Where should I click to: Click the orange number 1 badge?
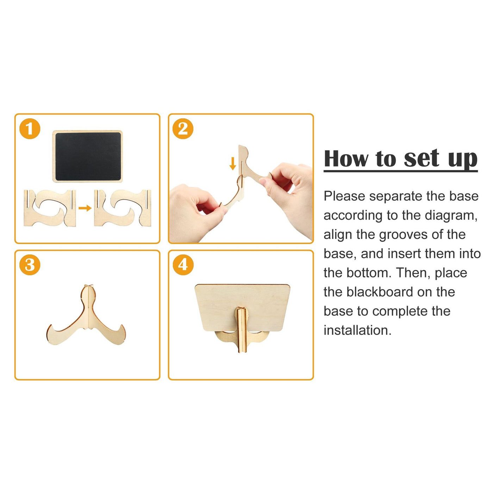click(30, 129)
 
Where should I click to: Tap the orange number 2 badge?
click(183, 129)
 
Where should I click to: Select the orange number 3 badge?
click(30, 264)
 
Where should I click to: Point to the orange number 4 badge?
click(183, 264)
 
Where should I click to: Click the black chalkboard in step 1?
click(88, 156)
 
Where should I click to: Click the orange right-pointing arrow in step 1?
click(85, 208)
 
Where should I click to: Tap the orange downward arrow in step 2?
click(232, 164)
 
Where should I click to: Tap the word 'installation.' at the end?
click(358, 331)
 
